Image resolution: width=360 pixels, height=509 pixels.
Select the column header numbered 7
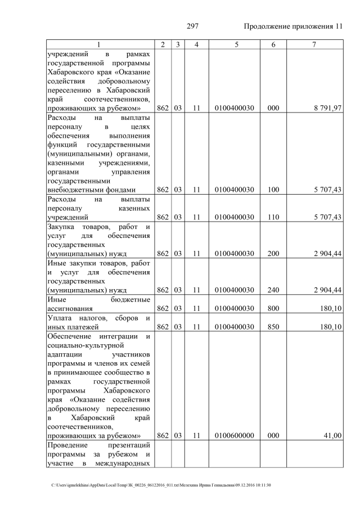click(x=314, y=44)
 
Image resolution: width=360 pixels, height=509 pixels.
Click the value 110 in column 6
click(x=273, y=217)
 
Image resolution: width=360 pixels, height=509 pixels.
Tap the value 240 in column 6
click(x=273, y=290)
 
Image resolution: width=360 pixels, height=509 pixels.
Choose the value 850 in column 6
click(x=273, y=327)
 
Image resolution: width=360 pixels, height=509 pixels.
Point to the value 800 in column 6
click(x=273, y=308)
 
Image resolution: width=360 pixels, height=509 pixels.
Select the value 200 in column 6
click(x=273, y=254)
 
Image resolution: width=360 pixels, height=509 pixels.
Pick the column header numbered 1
click(x=99, y=44)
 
